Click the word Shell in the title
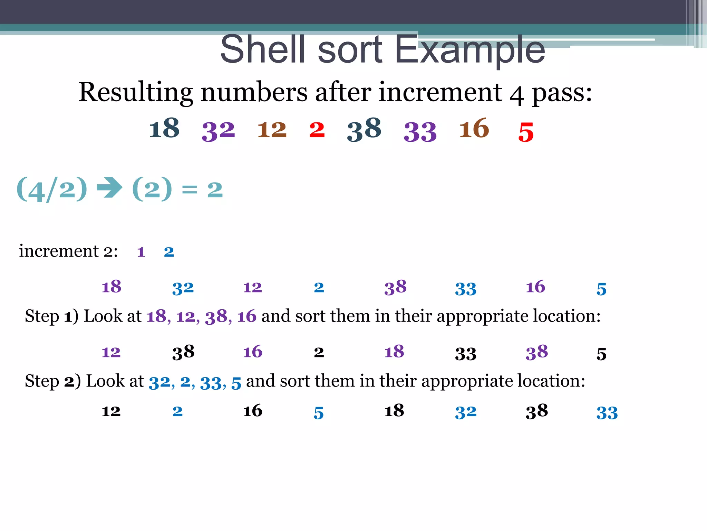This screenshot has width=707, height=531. pos(263,49)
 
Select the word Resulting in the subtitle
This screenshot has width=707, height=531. pos(135,93)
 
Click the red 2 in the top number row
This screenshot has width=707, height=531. pos(317,130)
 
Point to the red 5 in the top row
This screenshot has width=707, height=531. pos(526,132)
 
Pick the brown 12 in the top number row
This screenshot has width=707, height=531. pos(272,130)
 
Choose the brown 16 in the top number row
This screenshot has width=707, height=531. pos(474,129)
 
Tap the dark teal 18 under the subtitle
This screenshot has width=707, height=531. pos(164,129)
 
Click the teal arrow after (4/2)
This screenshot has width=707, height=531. pos(110,188)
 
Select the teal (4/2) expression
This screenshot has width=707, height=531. pos(52,189)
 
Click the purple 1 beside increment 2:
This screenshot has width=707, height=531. pos(141,252)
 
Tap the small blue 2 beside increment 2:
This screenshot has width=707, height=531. pos(169,252)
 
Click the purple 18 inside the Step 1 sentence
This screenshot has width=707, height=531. pos(156,316)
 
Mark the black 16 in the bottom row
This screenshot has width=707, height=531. pos(253,411)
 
